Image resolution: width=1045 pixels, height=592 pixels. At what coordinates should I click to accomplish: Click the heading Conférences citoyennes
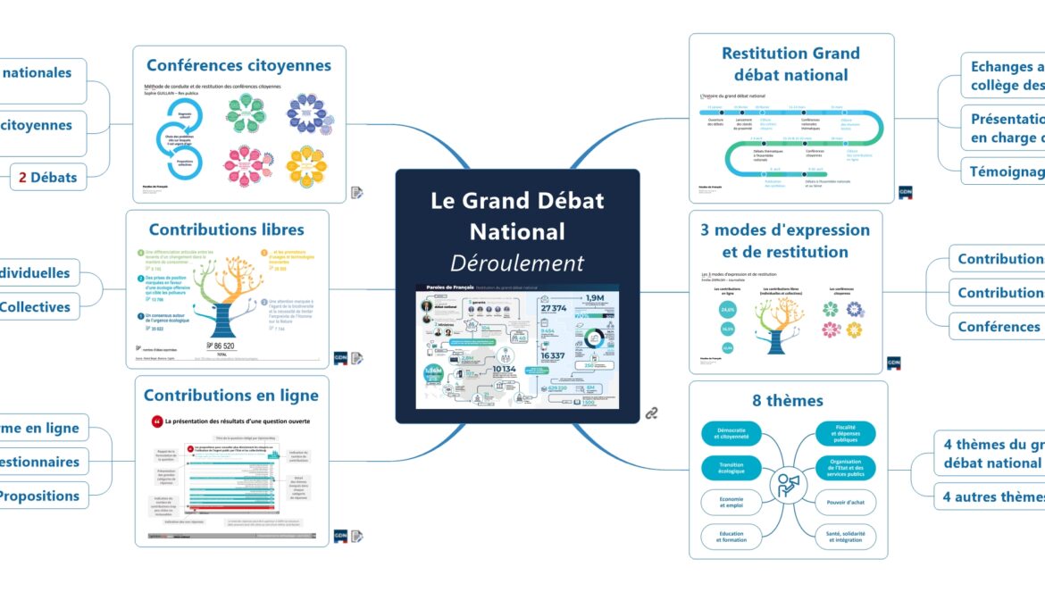coord(238,65)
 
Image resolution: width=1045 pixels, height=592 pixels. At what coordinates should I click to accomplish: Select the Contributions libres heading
coord(227,229)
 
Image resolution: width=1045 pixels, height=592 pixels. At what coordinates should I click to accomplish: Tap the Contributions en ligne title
coord(230,395)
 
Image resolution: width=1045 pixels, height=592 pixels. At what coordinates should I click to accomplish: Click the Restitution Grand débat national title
coord(790,63)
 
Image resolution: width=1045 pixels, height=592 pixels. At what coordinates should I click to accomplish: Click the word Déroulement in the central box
coord(517,263)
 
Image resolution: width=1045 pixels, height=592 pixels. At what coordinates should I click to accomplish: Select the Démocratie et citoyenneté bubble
coord(731,434)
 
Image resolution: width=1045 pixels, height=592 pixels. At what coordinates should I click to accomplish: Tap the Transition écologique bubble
coord(731,468)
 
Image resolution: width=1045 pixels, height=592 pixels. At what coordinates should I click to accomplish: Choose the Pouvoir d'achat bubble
coord(846,502)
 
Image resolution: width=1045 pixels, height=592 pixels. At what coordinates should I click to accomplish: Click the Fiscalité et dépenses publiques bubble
coord(846,434)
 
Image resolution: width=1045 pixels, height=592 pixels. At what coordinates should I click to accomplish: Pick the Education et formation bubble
coord(731,536)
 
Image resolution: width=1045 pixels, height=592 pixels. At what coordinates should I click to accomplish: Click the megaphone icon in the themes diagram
coord(789,485)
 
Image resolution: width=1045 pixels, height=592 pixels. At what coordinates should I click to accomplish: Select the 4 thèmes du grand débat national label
coord(991,454)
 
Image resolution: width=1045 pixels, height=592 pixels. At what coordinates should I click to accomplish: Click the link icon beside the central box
coord(652,413)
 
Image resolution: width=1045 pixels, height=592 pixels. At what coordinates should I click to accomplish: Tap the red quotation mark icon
coord(157,421)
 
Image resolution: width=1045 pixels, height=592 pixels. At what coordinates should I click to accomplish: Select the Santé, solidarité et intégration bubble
coord(846,536)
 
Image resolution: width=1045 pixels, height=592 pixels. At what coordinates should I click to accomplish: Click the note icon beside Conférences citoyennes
coord(356,192)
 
